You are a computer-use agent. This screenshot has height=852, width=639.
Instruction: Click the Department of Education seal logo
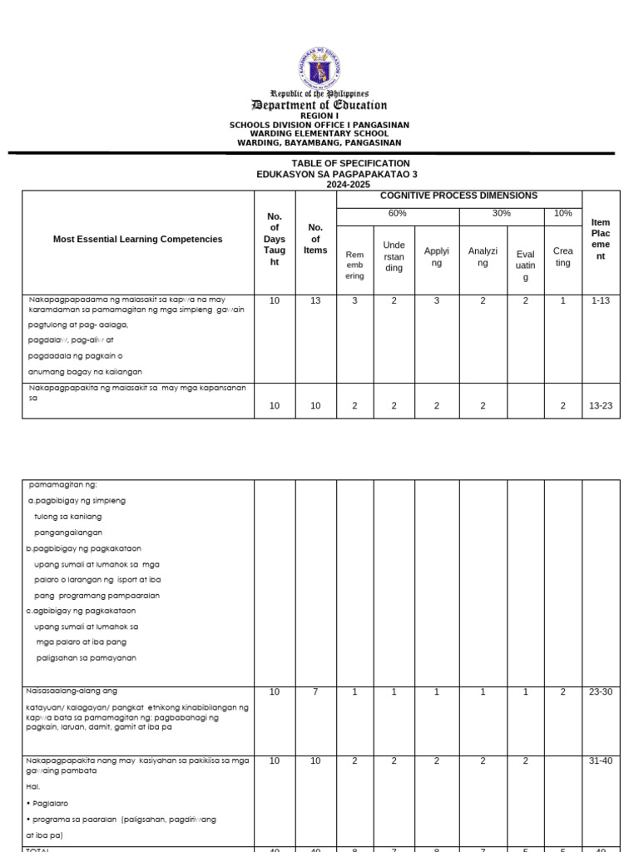(x=319, y=69)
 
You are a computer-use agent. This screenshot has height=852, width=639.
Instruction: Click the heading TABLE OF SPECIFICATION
(x=350, y=163)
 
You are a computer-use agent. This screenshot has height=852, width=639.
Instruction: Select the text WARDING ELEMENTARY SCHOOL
(x=319, y=133)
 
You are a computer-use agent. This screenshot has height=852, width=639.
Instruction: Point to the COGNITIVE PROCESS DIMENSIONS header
(x=458, y=196)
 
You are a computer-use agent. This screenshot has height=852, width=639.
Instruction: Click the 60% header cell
(x=396, y=213)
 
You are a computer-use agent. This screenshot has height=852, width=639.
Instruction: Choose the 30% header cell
(x=500, y=213)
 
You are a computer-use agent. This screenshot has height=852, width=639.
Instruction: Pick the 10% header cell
(x=562, y=213)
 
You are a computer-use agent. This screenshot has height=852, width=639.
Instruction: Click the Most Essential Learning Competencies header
(x=138, y=239)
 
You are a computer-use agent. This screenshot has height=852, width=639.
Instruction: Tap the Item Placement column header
(x=601, y=240)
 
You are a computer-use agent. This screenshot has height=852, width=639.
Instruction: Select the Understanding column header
(x=394, y=256)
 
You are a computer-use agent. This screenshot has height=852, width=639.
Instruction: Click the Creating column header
(x=562, y=257)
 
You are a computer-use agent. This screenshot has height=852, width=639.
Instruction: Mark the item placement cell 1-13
(x=601, y=300)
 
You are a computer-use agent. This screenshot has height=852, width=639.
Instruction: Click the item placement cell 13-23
(x=601, y=405)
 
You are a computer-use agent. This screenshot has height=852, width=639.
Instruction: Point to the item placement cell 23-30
(x=601, y=691)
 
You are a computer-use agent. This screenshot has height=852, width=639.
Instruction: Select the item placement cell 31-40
(x=601, y=760)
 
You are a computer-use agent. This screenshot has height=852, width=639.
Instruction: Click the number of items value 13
(x=315, y=300)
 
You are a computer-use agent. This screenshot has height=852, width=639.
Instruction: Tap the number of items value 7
(x=315, y=691)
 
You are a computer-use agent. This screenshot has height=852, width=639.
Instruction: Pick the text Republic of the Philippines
(x=319, y=94)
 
